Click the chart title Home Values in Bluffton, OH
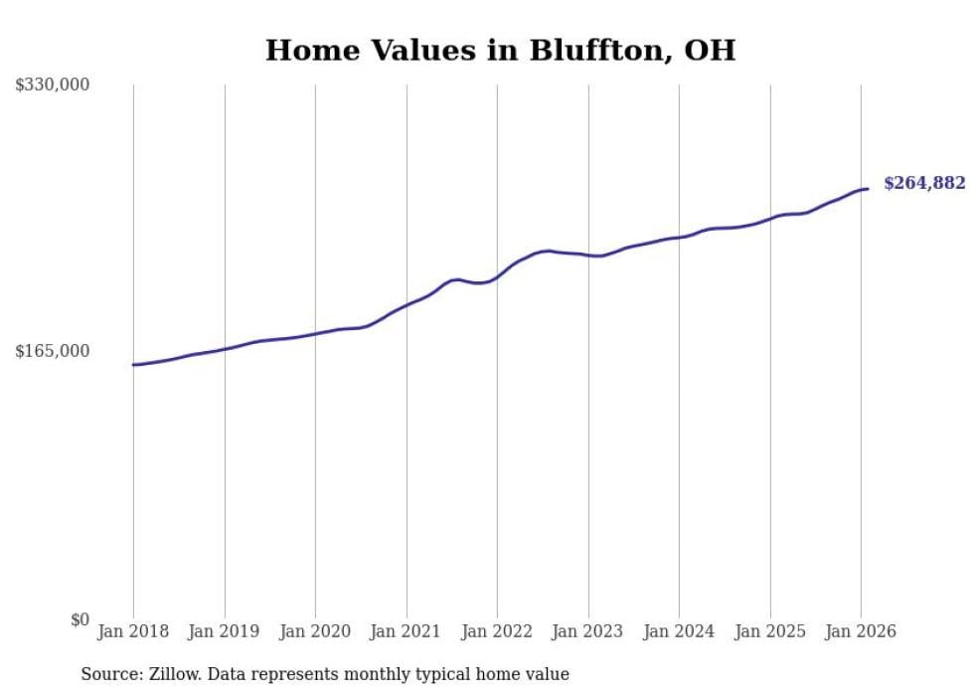500,50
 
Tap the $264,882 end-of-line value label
924,183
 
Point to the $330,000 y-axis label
52,86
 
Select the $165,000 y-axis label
52,351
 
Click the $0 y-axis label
80,619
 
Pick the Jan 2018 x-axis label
133,631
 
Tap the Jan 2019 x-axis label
225,631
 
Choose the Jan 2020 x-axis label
315,631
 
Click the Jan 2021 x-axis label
406,631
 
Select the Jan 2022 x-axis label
497,631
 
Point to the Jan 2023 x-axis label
588,631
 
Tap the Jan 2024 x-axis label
679,631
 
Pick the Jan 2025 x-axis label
770,631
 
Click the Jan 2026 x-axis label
861,631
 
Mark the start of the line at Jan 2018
133,365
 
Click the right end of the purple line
868,189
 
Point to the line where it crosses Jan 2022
497,277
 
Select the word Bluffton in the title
578,50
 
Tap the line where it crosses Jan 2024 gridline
679,237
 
